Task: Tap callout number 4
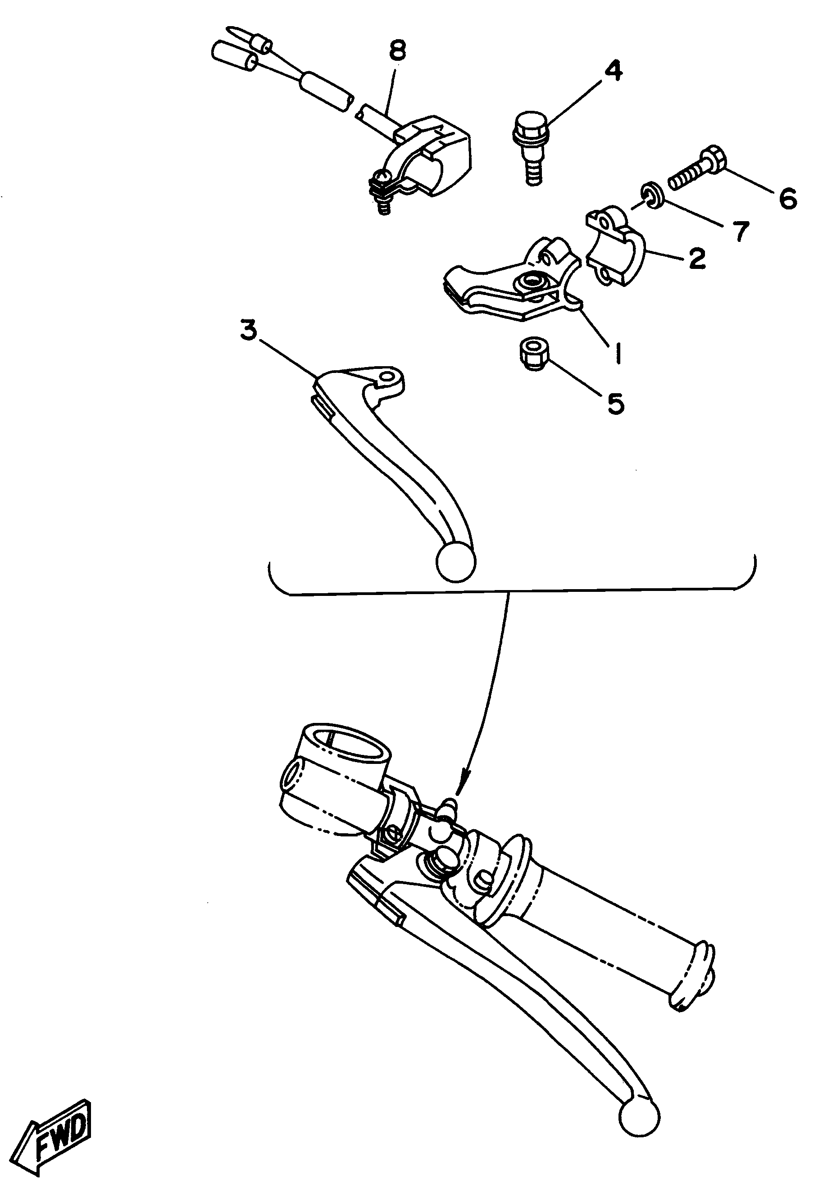point(612,71)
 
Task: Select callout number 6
point(788,199)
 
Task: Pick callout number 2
point(697,258)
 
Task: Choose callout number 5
point(615,403)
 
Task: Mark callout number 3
point(248,330)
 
